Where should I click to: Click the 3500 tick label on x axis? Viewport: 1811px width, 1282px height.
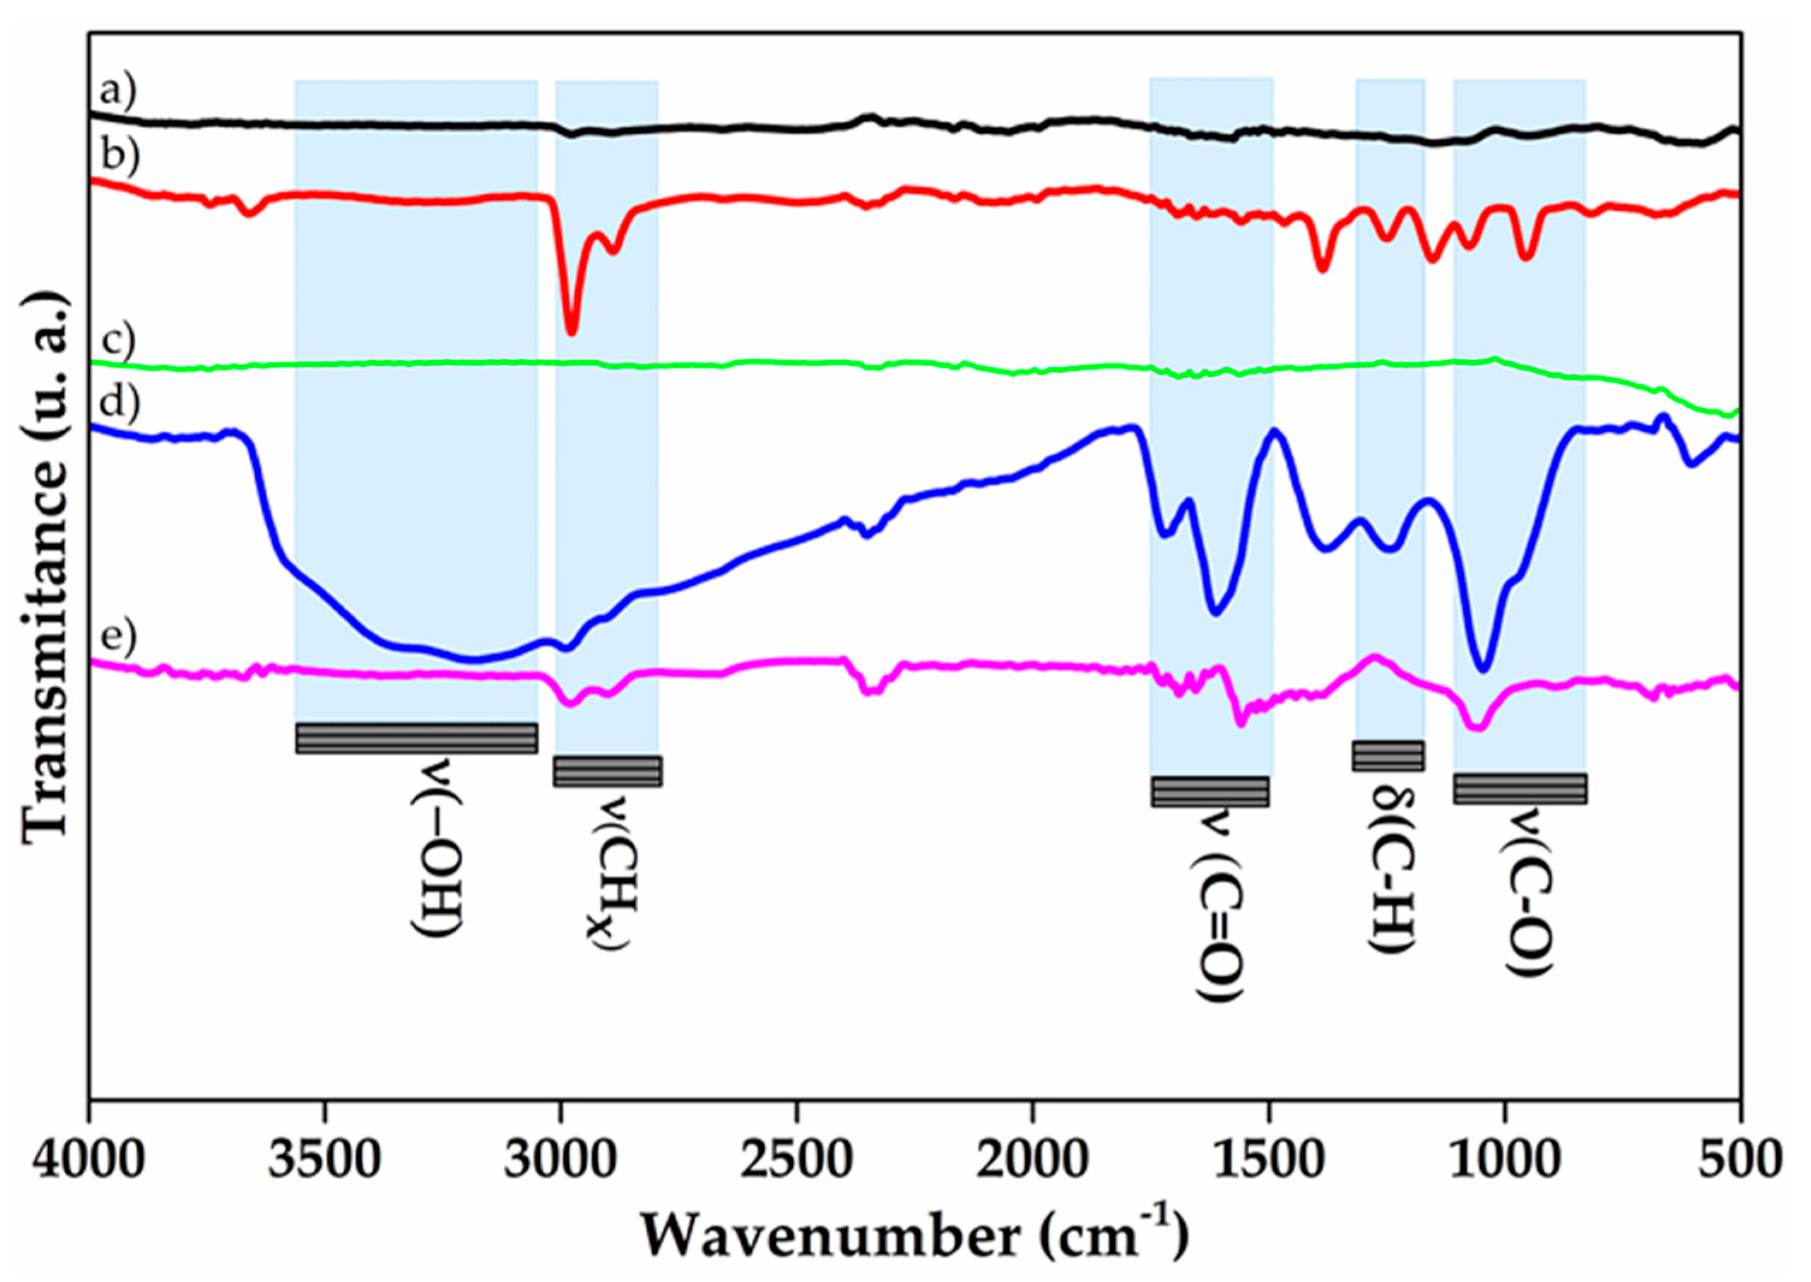325,1161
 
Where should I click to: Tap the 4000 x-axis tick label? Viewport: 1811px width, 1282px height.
89,1161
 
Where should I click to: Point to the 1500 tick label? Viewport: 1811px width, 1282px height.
1268,1161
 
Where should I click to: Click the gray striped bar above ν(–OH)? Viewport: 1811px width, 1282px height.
416,738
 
